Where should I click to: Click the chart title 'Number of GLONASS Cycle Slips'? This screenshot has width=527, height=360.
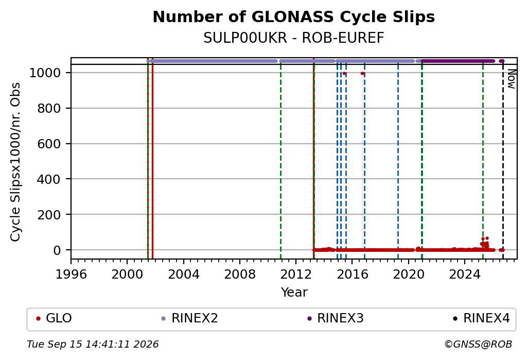click(x=294, y=17)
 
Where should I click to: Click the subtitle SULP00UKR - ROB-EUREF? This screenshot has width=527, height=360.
click(x=294, y=38)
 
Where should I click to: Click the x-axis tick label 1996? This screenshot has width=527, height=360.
click(x=71, y=275)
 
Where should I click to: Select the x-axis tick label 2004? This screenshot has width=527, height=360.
click(x=184, y=275)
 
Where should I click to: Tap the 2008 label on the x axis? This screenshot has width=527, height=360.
click(x=240, y=275)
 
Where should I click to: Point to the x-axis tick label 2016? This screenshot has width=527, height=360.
click(x=352, y=275)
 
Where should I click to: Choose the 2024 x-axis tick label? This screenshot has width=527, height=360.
click(x=465, y=275)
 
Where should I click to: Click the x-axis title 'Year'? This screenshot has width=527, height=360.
click(x=294, y=293)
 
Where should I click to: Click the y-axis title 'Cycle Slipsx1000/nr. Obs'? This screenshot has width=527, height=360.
click(x=15, y=162)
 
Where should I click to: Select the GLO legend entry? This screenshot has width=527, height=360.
click(x=54, y=318)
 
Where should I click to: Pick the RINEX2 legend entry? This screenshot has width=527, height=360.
click(x=190, y=318)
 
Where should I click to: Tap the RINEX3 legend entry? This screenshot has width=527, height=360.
click(x=336, y=318)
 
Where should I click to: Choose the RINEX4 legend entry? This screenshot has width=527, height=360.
click(x=482, y=318)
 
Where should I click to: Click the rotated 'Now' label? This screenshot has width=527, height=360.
click(x=512, y=79)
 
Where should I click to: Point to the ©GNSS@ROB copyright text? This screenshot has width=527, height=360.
click(x=478, y=344)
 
